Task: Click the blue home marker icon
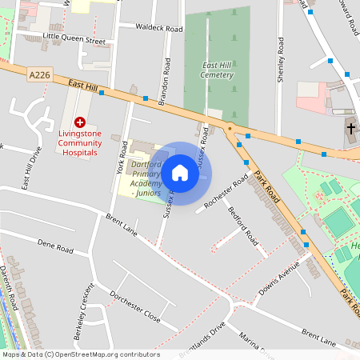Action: [x=180, y=173]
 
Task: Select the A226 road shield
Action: [x=38, y=74]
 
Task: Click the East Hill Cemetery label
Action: [x=218, y=70]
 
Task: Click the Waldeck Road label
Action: [x=159, y=28]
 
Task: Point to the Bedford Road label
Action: [x=243, y=226]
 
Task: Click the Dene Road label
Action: [x=55, y=246]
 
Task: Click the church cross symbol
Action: [x=351, y=128]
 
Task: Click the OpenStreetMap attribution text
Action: [x=81, y=354]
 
